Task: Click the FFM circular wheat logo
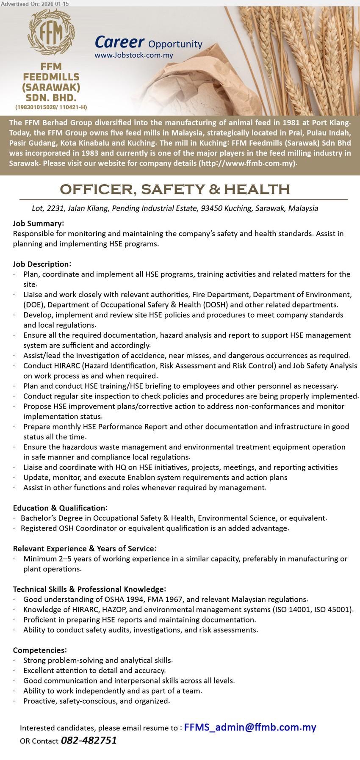[51, 33]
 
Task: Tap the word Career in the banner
[119, 42]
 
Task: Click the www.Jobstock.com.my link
[134, 55]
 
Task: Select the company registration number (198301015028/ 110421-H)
[51, 108]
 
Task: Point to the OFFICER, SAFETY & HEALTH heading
[175, 189]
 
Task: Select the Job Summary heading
[39, 224]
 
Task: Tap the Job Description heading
[42, 264]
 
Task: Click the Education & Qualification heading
[60, 508]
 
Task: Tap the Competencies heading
[40, 650]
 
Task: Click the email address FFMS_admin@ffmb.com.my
[250, 727]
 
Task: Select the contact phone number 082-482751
[89, 741]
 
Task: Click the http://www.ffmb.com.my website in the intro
[247, 163]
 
